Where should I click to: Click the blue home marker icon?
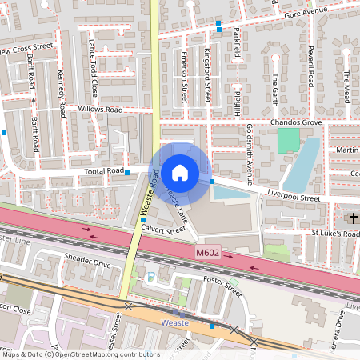pyautogui.click(x=180, y=171)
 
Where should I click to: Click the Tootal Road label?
pyautogui.click(x=104, y=171)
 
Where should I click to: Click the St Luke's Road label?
pyautogui.click(x=334, y=234)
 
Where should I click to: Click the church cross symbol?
pyautogui.click(x=353, y=218)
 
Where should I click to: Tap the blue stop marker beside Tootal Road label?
pyautogui.click(x=127, y=171)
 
